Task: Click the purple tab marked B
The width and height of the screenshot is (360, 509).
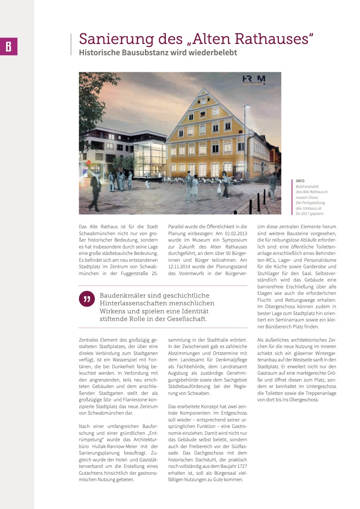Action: pos(8,46)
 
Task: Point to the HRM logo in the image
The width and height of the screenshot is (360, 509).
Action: pos(253,79)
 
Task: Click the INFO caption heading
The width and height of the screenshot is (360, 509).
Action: pos(300,181)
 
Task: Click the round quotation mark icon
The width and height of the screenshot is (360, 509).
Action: pos(86,299)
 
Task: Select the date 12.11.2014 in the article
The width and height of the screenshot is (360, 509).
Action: pos(180,266)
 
